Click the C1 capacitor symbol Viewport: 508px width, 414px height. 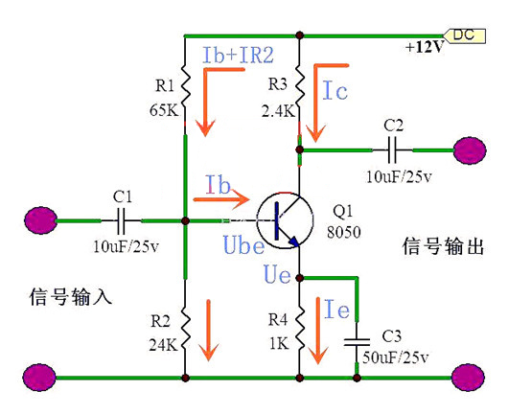(121, 222)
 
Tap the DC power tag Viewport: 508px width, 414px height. (461, 34)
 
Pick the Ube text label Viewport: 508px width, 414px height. (239, 246)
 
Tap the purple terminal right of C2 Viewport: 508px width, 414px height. (471, 149)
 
